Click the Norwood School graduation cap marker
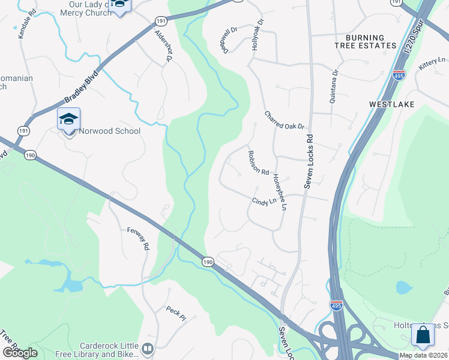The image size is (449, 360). tap(68, 119)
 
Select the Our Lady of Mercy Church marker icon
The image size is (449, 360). tap(121, 7)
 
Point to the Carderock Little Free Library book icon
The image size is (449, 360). tap(147, 348)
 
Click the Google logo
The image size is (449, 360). tap(20, 353)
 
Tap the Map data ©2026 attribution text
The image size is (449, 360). tap(423, 355)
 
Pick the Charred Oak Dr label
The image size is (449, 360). tap(285, 119)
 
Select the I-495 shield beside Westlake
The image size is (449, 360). tap(400, 75)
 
